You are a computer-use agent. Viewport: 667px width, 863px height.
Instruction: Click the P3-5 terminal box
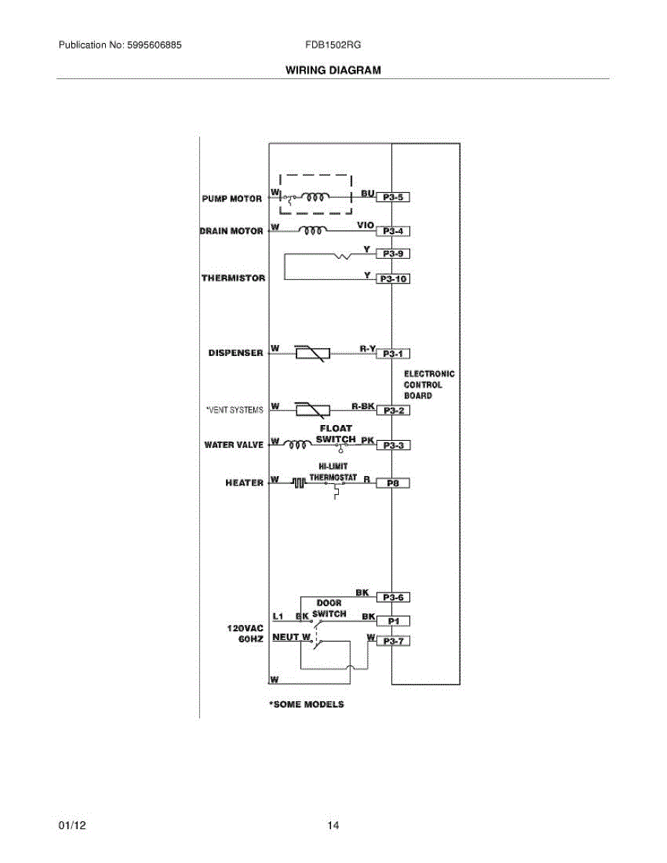394,196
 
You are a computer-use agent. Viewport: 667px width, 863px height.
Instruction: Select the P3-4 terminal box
394,232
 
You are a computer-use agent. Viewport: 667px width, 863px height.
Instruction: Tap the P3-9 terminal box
394,254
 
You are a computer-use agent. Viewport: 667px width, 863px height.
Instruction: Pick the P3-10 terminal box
394,279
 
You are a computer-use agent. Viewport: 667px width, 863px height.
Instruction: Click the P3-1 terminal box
394,354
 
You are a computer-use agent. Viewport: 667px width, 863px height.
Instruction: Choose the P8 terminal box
394,484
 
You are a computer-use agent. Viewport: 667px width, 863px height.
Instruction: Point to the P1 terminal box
394,621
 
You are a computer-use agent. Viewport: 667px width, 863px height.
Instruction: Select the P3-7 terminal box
394,641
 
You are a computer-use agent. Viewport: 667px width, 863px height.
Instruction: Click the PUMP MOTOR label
232,198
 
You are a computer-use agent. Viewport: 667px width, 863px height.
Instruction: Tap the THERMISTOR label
233,278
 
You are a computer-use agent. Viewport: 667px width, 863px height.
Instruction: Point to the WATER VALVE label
234,445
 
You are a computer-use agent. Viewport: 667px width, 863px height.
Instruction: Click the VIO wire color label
365,225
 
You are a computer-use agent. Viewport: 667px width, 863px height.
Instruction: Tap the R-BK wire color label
362,406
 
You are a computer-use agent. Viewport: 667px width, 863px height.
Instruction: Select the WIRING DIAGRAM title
333,70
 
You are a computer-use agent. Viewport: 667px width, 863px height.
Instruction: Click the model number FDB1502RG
333,45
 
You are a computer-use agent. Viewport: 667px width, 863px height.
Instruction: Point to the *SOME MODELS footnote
307,704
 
